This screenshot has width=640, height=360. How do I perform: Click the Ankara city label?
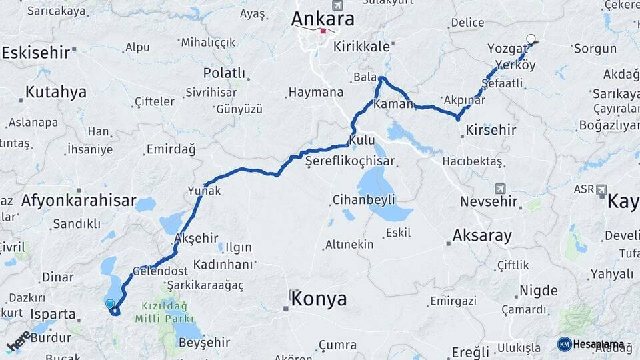point(323,19)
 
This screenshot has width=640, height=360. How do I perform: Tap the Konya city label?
point(319,299)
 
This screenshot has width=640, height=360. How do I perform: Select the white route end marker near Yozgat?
point(531,39)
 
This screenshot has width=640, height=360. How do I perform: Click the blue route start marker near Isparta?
point(110,304)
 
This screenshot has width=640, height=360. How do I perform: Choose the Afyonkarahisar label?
point(79,200)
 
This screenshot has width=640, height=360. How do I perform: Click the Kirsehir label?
point(491,130)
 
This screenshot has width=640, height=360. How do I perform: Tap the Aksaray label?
point(482,235)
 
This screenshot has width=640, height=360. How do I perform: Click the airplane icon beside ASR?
point(602,189)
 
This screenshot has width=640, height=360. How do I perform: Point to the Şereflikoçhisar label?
point(350,161)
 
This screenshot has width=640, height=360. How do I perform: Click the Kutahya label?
point(56,92)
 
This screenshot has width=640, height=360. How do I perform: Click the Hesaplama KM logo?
point(591,344)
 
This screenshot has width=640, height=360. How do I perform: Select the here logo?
point(19,341)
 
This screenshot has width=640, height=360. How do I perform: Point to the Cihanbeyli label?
point(364,199)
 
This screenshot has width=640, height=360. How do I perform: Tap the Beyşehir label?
point(205,343)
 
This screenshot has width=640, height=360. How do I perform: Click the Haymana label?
point(316,93)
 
